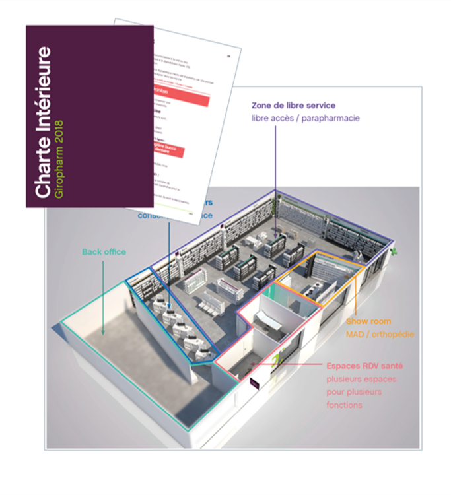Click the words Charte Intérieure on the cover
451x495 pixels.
pyautogui.click(x=45, y=121)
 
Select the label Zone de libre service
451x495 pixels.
pyautogui.click(x=294, y=106)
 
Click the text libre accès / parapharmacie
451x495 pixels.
pyautogui.click(x=305, y=118)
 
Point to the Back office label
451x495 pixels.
pyautogui.click(x=104, y=252)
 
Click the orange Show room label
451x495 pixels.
pyautogui.click(x=368, y=321)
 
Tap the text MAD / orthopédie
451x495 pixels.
pyautogui.click(x=380, y=335)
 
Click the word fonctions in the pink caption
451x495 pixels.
pyautogui.click(x=344, y=405)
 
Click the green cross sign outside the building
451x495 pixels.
pyautogui.click(x=394, y=253)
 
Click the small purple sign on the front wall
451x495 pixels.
pyautogui.click(x=254, y=381)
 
